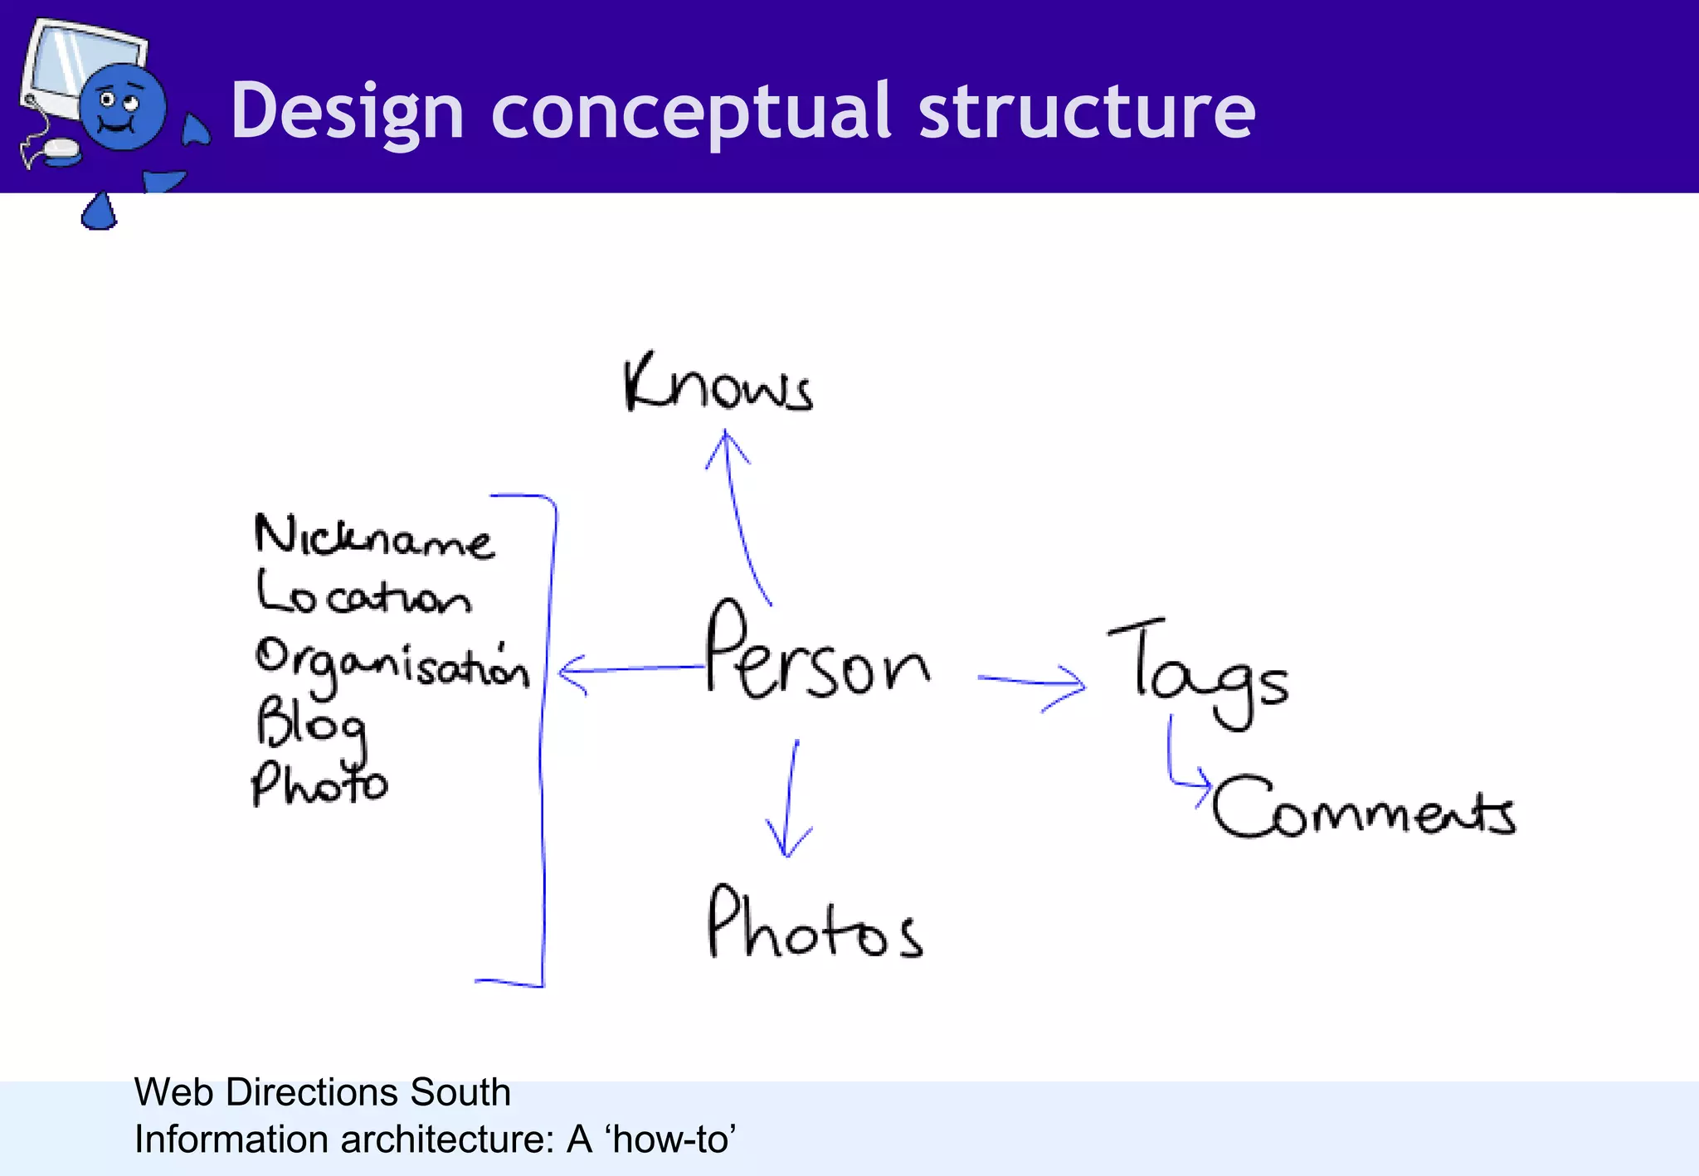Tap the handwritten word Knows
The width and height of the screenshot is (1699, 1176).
[x=718, y=384]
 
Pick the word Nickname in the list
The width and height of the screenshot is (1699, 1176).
[x=373, y=537]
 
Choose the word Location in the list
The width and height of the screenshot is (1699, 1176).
[x=363, y=594]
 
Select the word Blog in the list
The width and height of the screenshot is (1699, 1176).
[x=310, y=723]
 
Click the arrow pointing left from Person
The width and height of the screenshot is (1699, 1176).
[x=630, y=668]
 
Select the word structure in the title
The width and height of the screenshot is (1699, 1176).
[x=1087, y=111]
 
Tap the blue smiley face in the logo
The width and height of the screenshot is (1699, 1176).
[x=122, y=107]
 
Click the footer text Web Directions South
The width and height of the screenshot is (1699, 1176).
[x=322, y=1091]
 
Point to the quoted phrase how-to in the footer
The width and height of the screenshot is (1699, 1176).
[x=672, y=1140]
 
